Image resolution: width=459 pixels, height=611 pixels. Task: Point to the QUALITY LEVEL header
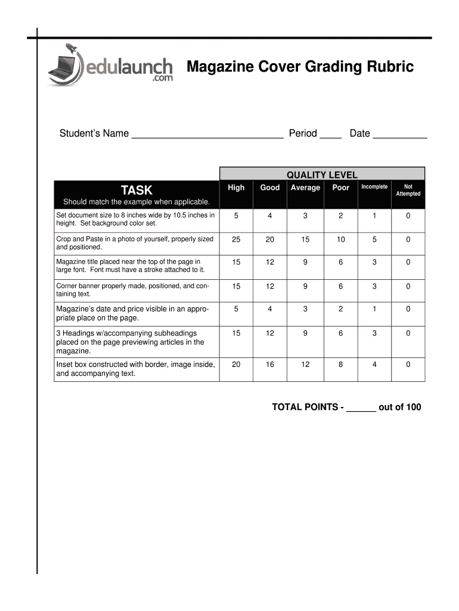322,175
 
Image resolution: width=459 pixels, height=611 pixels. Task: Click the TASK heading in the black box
137,190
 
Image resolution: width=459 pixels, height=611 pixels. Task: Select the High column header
236,187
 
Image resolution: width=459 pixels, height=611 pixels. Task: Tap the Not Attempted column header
408,190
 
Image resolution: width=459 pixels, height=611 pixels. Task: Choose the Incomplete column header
374,187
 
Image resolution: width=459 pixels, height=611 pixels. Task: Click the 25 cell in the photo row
236,239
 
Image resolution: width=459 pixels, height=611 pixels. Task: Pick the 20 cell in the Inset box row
236,364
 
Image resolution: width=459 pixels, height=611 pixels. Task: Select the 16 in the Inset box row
270,364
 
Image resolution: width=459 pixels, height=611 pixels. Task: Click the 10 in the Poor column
340,239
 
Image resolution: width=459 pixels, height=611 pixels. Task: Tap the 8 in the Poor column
340,364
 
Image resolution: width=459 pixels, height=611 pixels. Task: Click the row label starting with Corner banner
132,290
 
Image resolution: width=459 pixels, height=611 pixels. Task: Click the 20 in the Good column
270,239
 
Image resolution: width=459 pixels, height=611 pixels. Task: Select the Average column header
305,187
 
